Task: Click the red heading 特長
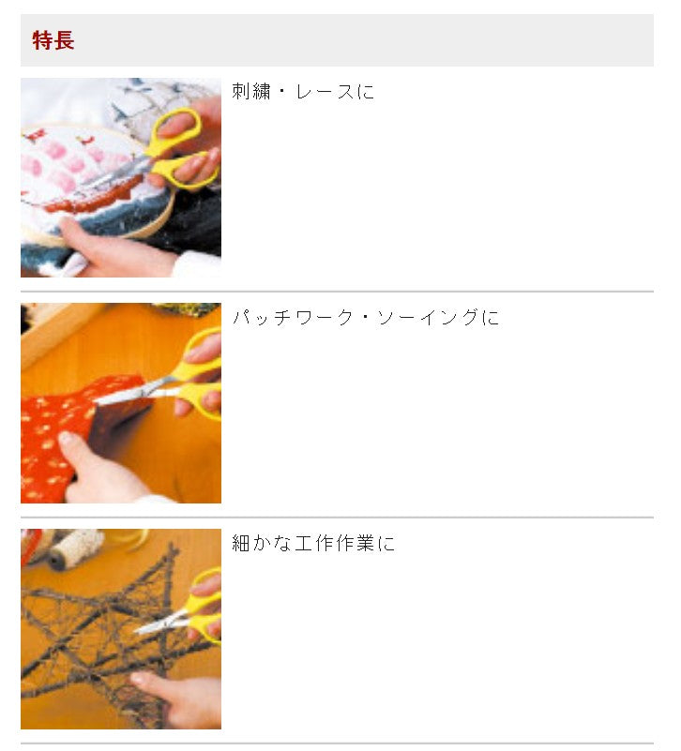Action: click(x=53, y=40)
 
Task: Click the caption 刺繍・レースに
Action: click(x=302, y=92)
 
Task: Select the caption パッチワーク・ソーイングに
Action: click(x=365, y=318)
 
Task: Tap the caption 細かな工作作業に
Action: click(x=313, y=544)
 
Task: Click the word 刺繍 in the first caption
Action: click(x=251, y=92)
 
